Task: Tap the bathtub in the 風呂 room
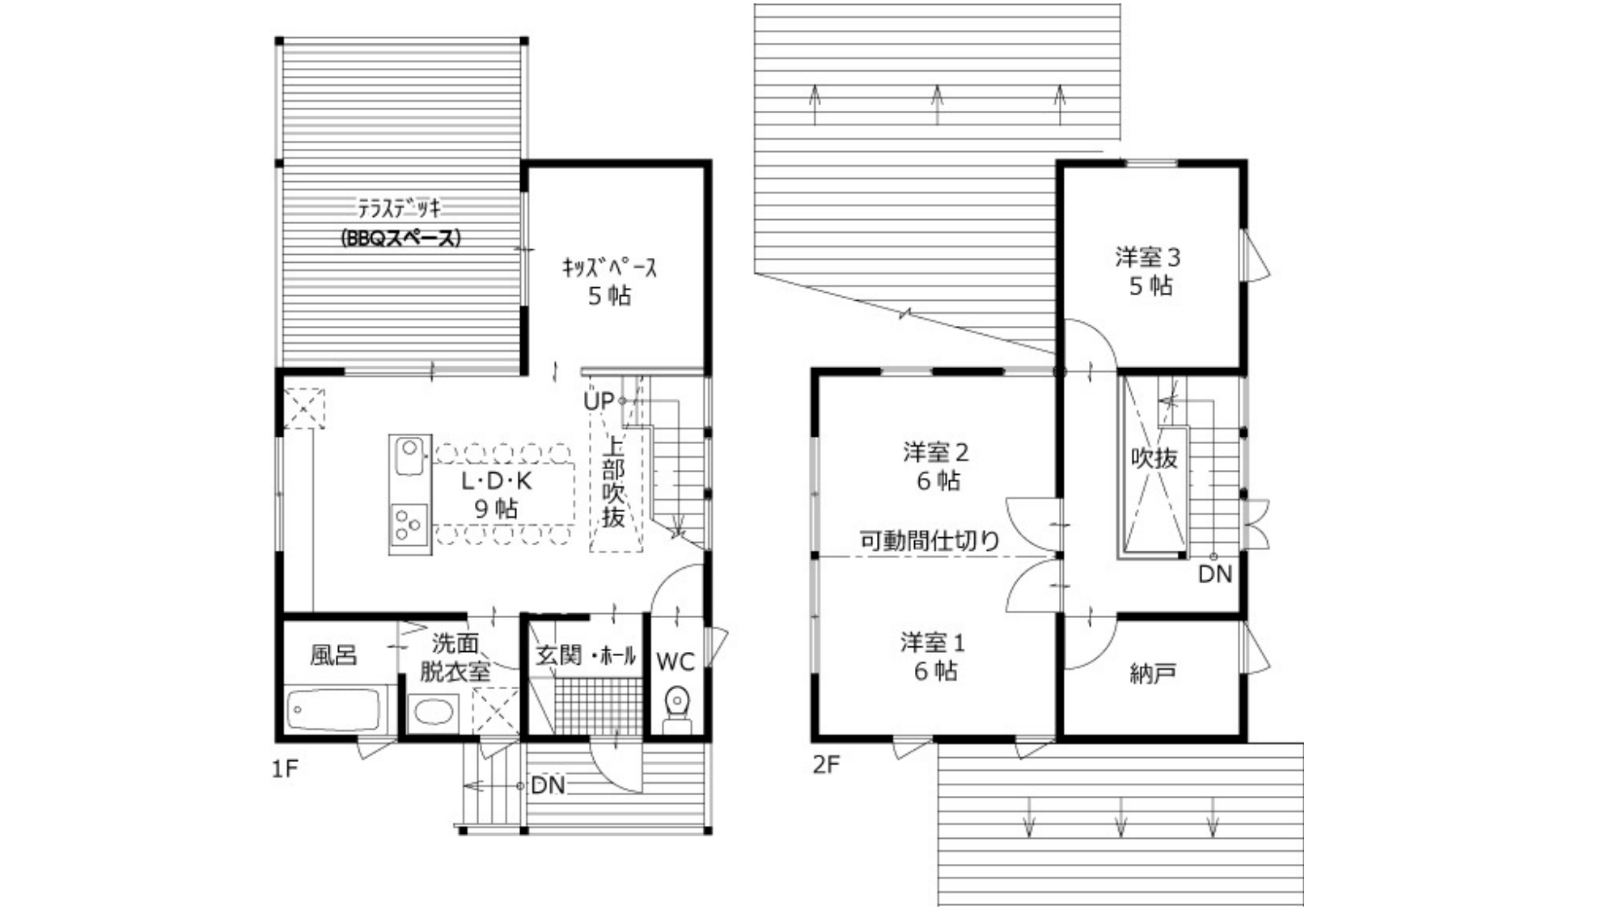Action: click(332, 710)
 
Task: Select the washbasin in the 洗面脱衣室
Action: click(433, 713)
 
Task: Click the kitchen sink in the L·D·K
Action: click(410, 456)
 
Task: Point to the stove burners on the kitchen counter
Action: click(409, 524)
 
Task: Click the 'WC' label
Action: click(675, 662)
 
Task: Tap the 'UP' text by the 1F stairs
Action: click(599, 400)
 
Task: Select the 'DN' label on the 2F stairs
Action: click(1215, 574)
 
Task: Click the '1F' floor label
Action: click(285, 768)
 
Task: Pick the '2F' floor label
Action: click(826, 764)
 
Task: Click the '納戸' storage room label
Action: click(1152, 674)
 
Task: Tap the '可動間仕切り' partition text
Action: click(930, 540)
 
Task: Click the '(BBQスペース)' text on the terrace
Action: click(400, 239)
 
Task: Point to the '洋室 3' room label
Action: click(1148, 258)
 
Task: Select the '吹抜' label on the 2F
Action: click(1154, 458)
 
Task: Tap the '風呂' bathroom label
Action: click(333, 654)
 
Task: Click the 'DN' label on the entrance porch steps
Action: click(548, 785)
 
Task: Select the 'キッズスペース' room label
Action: click(610, 268)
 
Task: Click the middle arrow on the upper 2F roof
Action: click(937, 104)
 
